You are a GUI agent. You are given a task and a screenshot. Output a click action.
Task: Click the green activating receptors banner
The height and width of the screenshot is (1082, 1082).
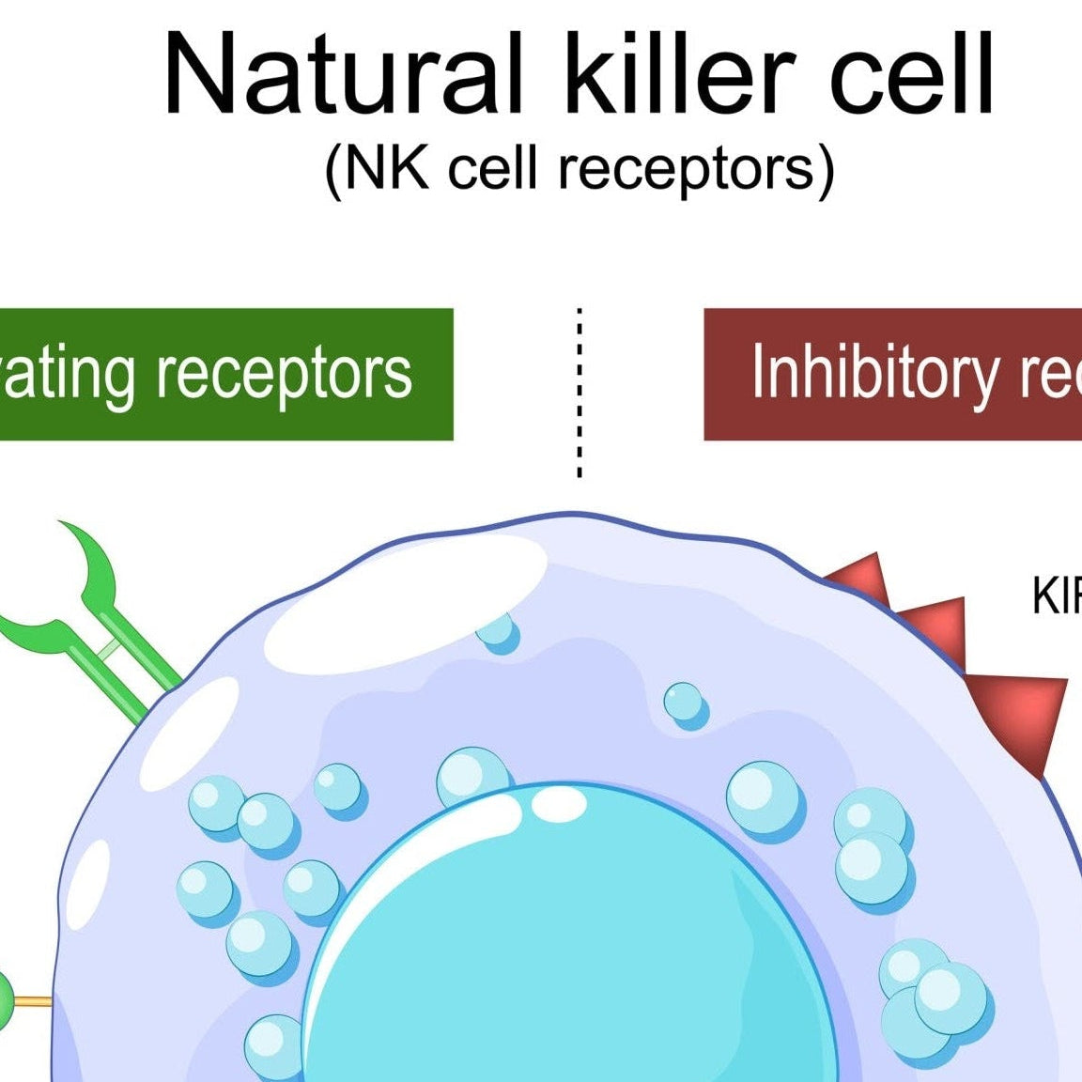(225, 374)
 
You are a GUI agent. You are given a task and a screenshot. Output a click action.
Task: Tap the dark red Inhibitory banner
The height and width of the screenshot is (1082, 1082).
(892, 374)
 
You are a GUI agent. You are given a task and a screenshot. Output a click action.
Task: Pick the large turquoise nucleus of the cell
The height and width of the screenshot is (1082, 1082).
(564, 939)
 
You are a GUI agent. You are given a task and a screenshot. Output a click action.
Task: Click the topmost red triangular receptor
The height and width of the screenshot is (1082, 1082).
(862, 575)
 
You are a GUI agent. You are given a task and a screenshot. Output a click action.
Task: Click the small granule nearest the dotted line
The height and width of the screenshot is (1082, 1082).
(497, 631)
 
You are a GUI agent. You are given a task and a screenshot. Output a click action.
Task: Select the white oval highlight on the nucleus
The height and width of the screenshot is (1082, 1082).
(560, 804)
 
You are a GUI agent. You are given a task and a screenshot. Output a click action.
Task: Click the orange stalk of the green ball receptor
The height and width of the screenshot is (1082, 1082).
(34, 1001)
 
